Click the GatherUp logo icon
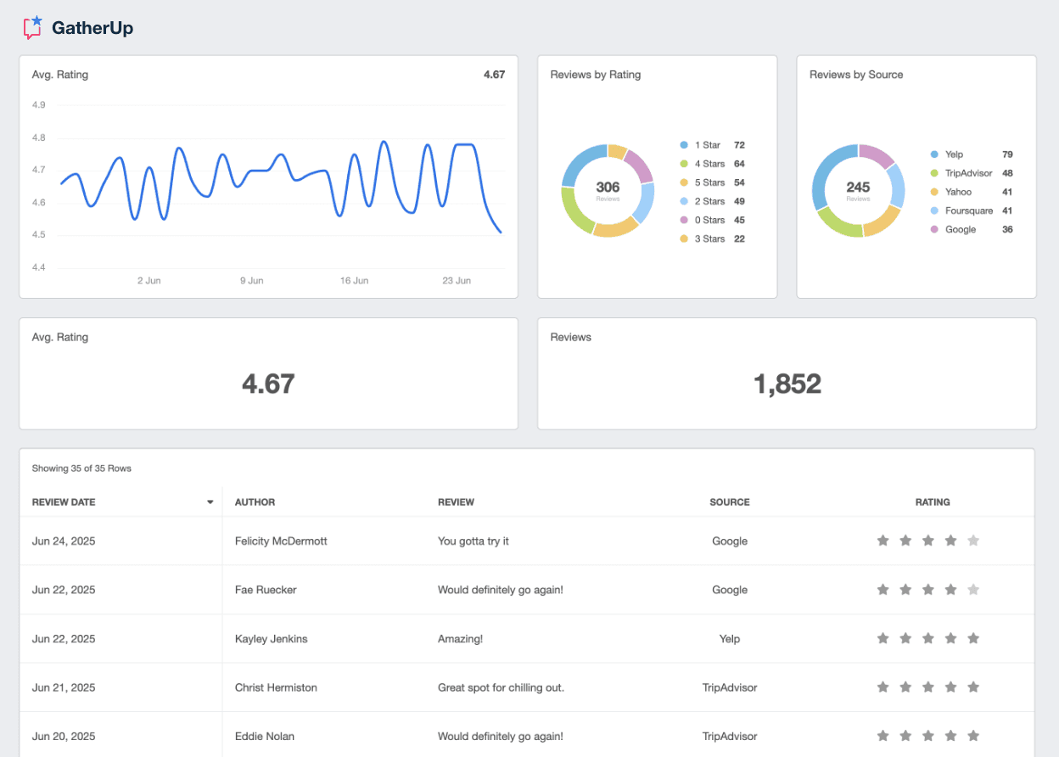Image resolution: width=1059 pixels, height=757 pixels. (x=33, y=28)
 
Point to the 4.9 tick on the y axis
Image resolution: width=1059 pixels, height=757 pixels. (x=39, y=105)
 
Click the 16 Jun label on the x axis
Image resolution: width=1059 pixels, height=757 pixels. (x=354, y=280)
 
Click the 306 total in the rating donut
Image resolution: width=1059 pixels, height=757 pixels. (x=608, y=188)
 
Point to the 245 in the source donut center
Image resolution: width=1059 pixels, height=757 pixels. (x=858, y=188)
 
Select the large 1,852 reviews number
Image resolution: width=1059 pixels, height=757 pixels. (x=787, y=384)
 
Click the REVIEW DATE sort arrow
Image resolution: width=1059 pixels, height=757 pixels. (x=210, y=502)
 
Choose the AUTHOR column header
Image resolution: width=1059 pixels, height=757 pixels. (x=255, y=502)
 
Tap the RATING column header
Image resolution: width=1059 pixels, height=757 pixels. (x=932, y=502)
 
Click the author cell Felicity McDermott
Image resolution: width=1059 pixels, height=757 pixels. (x=281, y=541)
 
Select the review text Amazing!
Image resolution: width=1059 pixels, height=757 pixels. (x=460, y=638)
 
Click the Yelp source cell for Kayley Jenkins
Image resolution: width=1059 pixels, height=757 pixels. (x=729, y=638)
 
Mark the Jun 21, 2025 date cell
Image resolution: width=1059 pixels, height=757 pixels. (x=64, y=687)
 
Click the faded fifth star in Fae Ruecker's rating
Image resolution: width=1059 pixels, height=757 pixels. (x=973, y=590)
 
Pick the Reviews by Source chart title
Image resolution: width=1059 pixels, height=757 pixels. (x=856, y=75)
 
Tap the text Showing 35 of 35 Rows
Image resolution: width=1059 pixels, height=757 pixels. (x=81, y=468)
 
